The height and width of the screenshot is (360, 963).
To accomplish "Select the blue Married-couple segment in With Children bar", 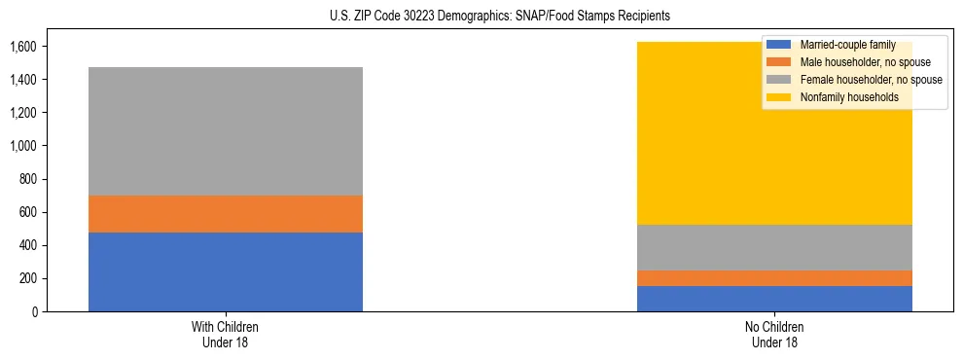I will pyautogui.click(x=226, y=271).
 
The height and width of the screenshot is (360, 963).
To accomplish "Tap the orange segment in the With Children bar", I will pyautogui.click(x=226, y=214).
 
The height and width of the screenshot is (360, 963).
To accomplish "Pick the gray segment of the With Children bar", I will pyautogui.click(x=226, y=131).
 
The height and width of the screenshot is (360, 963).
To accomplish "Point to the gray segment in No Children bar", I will pyautogui.click(x=774, y=247).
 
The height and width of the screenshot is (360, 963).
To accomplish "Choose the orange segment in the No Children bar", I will pyautogui.click(x=774, y=278).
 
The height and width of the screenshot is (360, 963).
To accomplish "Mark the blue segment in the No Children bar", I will pyautogui.click(x=774, y=299).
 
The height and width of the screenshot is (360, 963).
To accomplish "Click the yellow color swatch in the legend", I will pyautogui.click(x=779, y=97).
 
